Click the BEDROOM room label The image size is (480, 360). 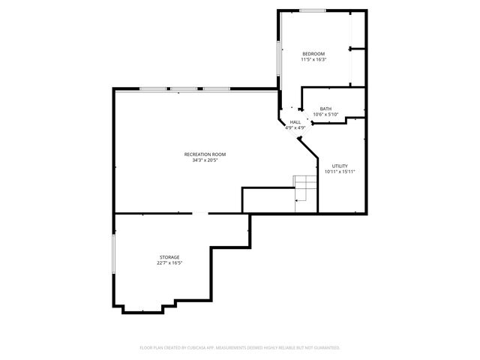tap(313, 54)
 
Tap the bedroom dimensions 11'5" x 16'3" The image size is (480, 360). tap(313, 60)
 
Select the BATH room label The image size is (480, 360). tap(325, 109)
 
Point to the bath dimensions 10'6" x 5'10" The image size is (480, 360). tap(325, 115)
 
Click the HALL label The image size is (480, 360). tap(295, 122)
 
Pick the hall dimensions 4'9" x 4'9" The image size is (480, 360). tap(295, 128)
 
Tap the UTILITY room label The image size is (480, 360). tap(340, 166)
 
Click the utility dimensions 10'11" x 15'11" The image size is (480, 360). tap(340, 172)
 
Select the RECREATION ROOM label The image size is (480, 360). tap(205, 154)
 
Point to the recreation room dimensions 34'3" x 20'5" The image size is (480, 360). tap(205, 160)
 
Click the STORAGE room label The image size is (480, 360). tap(169, 257)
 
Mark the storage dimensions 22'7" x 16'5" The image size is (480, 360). tap(169, 263)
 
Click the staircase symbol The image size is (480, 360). tap(305, 188)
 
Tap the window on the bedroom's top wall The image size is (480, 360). tap(313, 10)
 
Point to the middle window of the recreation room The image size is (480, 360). tap(184, 90)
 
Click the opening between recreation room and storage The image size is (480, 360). tap(199, 214)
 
